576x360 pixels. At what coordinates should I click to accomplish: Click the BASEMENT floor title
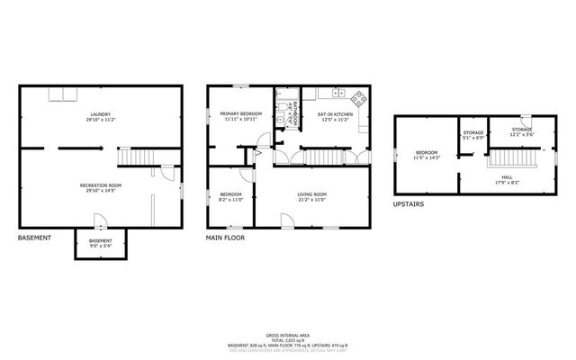coord(34,238)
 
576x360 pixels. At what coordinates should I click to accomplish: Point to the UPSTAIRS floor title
coord(409,204)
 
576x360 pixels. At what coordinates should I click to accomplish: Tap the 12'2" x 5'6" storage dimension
coord(522,135)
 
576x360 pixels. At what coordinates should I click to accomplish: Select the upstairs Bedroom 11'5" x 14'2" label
coord(427,155)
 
